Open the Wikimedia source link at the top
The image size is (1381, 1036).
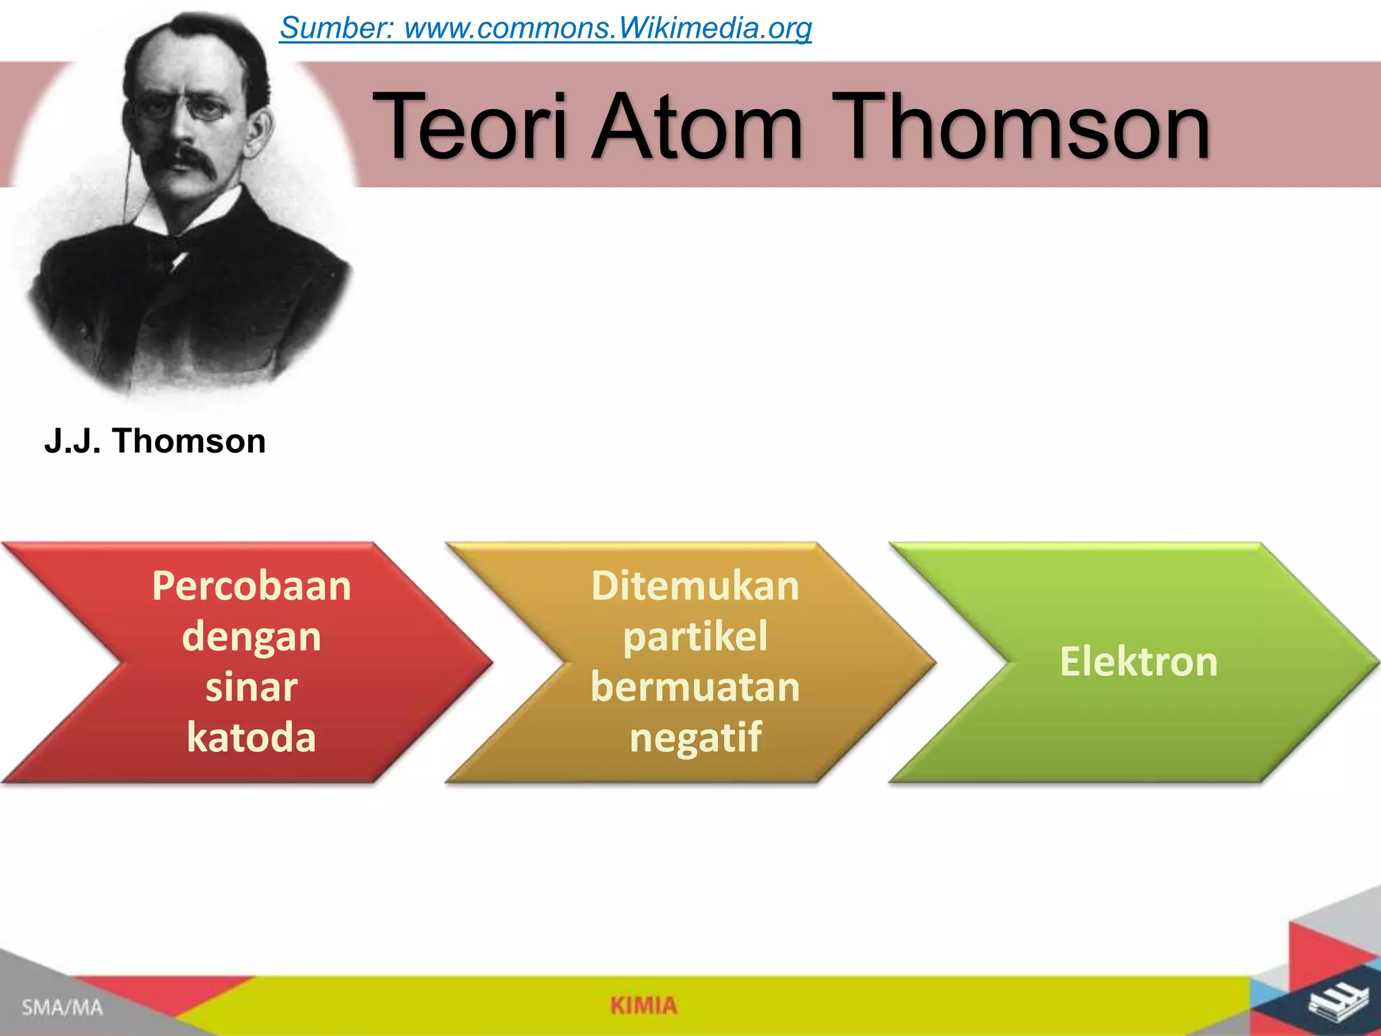[x=545, y=28]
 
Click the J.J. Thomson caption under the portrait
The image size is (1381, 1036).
[x=155, y=441]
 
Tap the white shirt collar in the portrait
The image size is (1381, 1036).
[x=216, y=209]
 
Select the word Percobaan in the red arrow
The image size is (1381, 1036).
[x=252, y=585]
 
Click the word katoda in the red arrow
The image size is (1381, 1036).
[x=252, y=737]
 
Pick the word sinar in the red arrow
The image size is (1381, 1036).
[x=252, y=687]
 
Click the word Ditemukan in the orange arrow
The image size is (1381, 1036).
[x=695, y=585]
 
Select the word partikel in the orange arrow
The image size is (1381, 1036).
[x=695, y=636]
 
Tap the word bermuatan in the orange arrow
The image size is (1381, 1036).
[x=695, y=687]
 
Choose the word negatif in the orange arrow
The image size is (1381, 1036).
[x=695, y=737]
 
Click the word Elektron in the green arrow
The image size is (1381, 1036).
[x=1138, y=661]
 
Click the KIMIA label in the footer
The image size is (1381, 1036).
[x=643, y=1006]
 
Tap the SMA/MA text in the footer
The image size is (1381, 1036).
[x=62, y=1008]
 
